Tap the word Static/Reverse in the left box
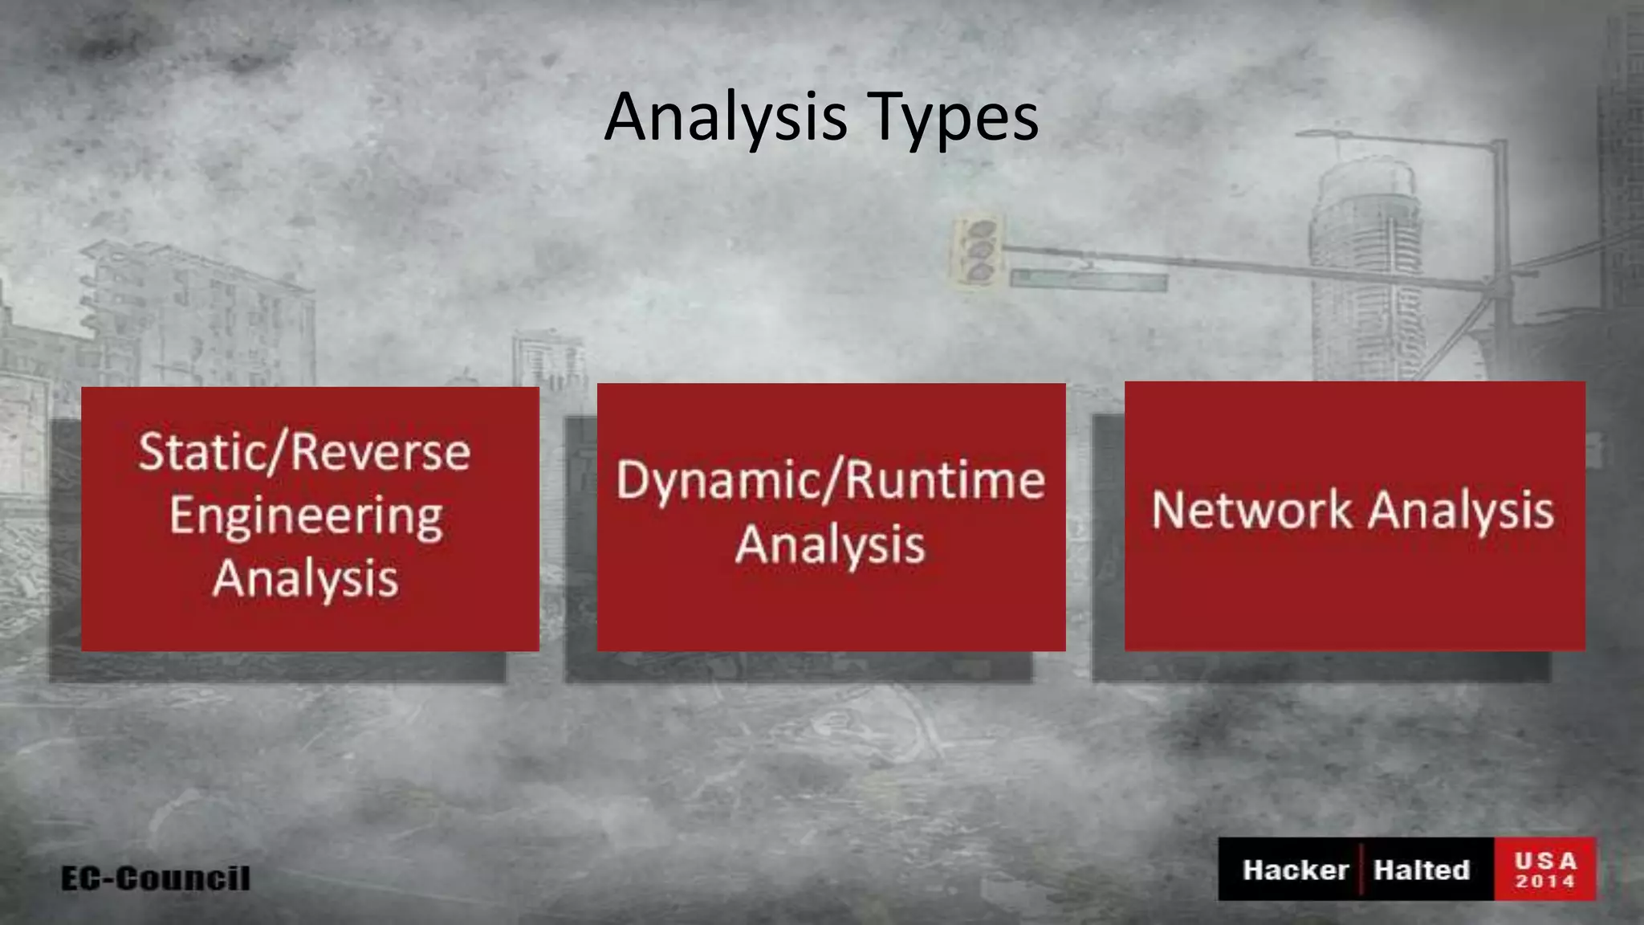(304, 452)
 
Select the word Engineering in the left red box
(306, 516)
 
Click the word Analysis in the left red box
(305, 578)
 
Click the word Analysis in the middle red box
(830, 544)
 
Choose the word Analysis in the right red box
(1461, 511)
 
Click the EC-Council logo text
(156, 878)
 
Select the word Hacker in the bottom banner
(1295, 870)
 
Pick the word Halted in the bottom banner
(1422, 870)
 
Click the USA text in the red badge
(1545, 861)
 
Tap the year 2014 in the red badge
(1545, 882)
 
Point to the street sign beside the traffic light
(1088, 280)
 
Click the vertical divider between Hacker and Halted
(1361, 870)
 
